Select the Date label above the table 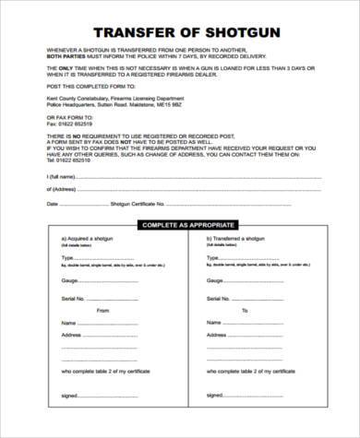52,203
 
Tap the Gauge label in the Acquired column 68,278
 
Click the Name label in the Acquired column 67,323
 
